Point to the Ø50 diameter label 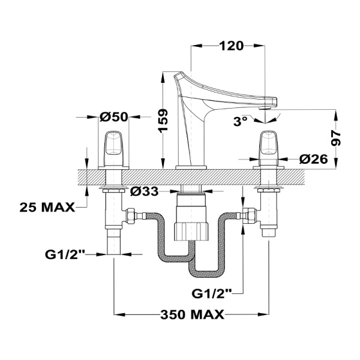(114, 117)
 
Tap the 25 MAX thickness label (47, 208)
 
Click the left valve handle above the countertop (113, 147)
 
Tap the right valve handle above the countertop (269, 147)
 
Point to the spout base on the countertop (191, 166)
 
